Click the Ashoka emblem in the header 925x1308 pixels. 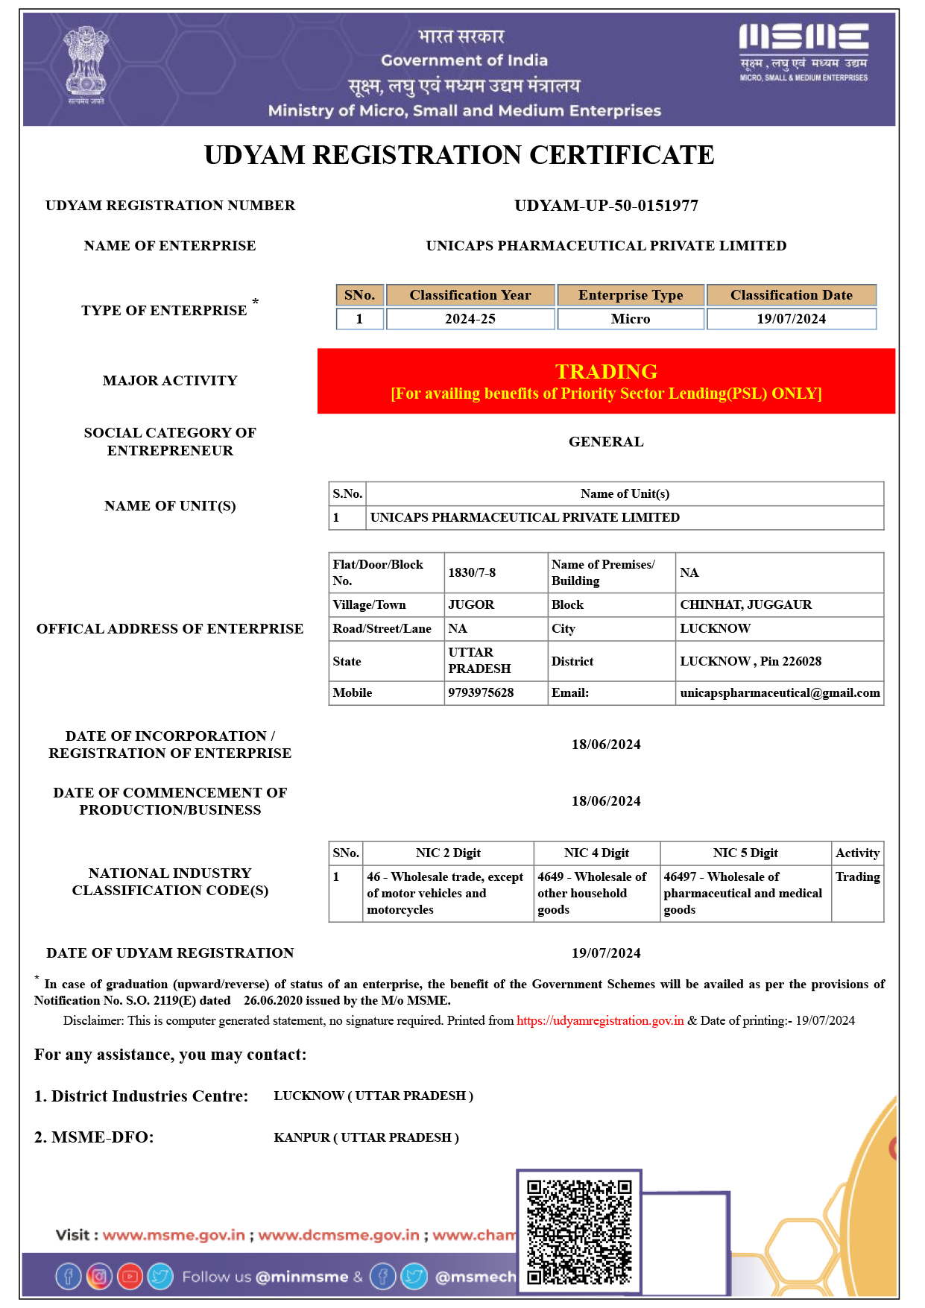86,65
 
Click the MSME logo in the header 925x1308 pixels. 804,52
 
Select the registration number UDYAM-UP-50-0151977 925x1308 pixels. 606,206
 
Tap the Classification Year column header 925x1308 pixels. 470,295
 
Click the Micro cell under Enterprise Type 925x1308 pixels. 631,319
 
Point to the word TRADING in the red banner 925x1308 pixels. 606,371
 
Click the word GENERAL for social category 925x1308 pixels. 606,442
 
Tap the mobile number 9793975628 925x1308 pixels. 481,692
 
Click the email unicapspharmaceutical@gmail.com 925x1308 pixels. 780,692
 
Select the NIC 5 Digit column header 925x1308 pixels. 745,853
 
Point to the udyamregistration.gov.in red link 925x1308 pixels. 600,1020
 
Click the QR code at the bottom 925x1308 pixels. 579,1231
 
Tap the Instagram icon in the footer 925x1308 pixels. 99,1277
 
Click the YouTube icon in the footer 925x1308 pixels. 130,1277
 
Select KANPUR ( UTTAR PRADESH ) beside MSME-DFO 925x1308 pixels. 366,1137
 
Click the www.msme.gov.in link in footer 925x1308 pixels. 174,1235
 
